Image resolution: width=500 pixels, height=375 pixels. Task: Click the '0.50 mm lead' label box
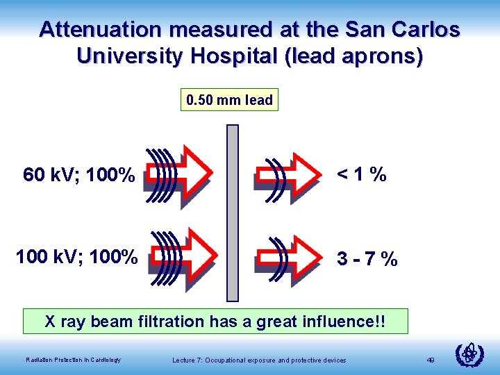pyautogui.click(x=229, y=100)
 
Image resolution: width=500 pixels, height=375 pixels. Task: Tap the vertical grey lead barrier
pyautogui.click(x=233, y=212)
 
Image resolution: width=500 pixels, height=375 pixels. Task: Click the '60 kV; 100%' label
pyautogui.click(x=78, y=176)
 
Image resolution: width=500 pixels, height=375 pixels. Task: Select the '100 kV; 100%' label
pyautogui.click(x=76, y=257)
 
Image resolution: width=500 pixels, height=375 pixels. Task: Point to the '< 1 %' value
pyautogui.click(x=361, y=176)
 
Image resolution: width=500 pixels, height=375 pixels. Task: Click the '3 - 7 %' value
pyautogui.click(x=367, y=260)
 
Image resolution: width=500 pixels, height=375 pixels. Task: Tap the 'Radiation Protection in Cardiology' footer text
pyautogui.click(x=73, y=359)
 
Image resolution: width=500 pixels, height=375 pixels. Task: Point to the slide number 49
pyautogui.click(x=431, y=359)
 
